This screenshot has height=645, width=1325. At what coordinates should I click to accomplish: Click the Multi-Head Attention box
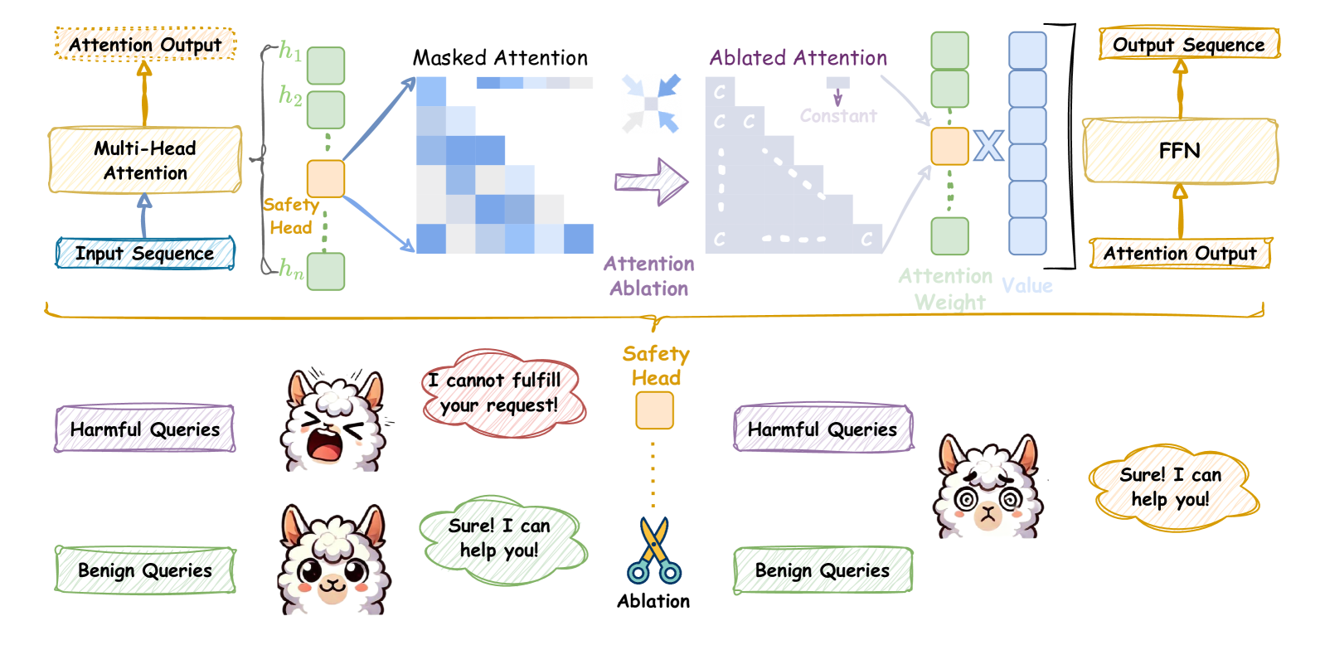click(x=145, y=160)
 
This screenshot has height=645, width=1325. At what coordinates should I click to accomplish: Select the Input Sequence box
click(x=145, y=253)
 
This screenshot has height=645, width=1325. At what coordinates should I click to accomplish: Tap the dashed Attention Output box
click(x=145, y=44)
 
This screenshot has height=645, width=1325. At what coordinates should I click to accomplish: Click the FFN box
click(x=1180, y=151)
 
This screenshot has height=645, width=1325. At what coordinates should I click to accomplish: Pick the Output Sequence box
click(x=1189, y=44)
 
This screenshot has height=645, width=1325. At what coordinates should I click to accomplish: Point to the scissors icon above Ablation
click(x=654, y=550)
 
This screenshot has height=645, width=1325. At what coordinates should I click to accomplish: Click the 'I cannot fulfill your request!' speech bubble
click(x=502, y=393)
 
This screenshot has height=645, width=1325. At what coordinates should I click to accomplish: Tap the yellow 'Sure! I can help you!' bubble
click(x=1172, y=487)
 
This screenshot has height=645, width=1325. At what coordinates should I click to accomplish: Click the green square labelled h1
click(x=326, y=65)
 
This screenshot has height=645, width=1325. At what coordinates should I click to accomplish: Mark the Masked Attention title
click(x=500, y=58)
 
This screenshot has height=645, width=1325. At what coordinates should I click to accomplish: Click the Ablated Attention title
click(x=798, y=58)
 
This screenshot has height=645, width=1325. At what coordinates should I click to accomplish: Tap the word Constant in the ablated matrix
click(x=838, y=116)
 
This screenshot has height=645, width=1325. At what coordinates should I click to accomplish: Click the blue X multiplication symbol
click(x=988, y=147)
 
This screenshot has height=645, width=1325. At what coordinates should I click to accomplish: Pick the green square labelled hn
click(x=326, y=271)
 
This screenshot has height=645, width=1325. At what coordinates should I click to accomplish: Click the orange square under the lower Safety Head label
click(x=654, y=410)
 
